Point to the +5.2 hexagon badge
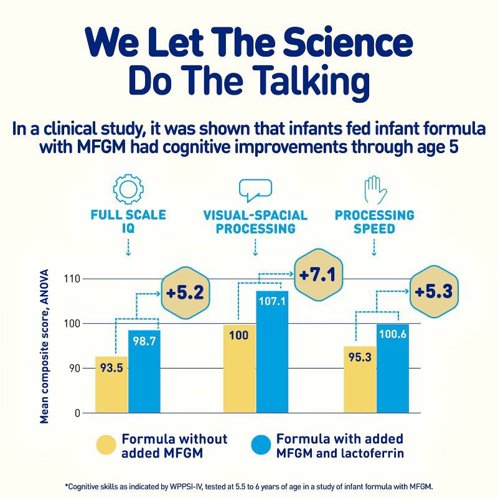click(185, 291)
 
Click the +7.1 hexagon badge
click(317, 274)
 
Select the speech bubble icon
click(255, 189)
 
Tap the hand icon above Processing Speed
click(374, 189)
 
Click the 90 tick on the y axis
click(75, 368)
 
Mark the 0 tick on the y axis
click(78, 413)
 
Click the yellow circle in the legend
click(106, 446)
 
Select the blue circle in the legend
click(261, 446)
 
